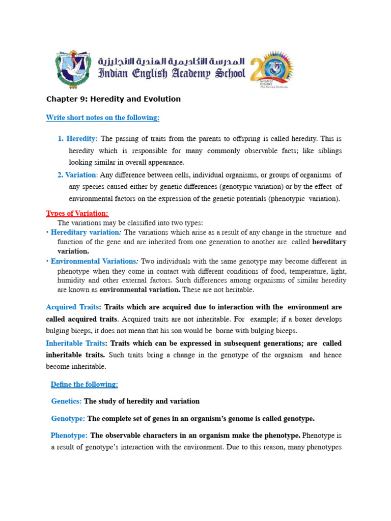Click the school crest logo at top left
pyautogui.click(x=73, y=70)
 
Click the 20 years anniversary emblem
pyautogui.click(x=271, y=69)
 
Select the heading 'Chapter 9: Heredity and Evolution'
pyautogui.click(x=113, y=99)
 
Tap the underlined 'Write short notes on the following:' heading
pyautogui.click(x=102, y=118)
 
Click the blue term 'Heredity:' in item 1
pyautogui.click(x=82, y=138)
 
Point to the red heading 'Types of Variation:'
pyautogui.click(x=77, y=213)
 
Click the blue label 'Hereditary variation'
pyautogui.click(x=84, y=233)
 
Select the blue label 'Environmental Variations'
pyautogui.click(x=93, y=262)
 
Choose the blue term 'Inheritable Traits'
pyautogui.click(x=75, y=343)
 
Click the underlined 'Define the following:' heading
pyautogui.click(x=84, y=384)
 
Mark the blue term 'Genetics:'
pyautogui.click(x=67, y=401)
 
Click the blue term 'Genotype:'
pyautogui.click(x=68, y=419)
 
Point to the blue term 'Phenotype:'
pyautogui.click(x=69, y=436)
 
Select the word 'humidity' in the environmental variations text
pyautogui.click(x=70, y=280)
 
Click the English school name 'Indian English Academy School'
pyautogui.click(x=172, y=74)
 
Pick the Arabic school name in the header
pyautogui.click(x=172, y=61)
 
